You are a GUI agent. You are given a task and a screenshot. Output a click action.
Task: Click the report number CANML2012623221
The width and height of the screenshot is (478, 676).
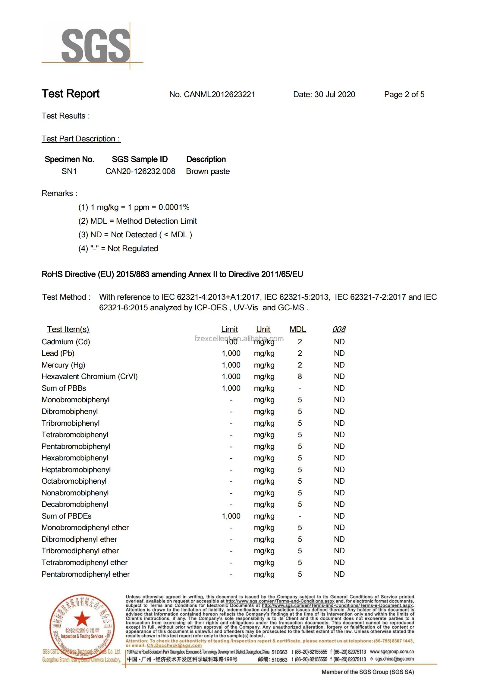[x=219, y=94]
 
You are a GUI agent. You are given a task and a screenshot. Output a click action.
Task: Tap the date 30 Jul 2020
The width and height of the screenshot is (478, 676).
[x=335, y=94]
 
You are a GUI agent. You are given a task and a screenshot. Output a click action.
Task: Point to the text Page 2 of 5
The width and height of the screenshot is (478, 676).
[x=404, y=94]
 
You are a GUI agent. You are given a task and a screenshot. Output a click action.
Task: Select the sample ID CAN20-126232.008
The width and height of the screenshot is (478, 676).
[x=140, y=171]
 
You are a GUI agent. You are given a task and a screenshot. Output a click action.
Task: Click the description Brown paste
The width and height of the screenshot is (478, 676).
[x=208, y=171]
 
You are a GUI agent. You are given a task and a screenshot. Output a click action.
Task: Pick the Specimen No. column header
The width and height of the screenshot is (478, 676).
[x=69, y=159]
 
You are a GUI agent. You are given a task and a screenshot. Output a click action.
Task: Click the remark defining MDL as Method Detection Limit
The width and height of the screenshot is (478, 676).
[x=137, y=221]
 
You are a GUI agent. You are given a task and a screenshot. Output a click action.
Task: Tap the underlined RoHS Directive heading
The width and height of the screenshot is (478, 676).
[x=172, y=274]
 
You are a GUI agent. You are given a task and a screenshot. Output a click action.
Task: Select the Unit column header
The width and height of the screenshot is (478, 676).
[x=263, y=329]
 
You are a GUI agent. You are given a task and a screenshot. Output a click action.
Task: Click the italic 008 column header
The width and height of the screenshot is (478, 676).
[x=339, y=329]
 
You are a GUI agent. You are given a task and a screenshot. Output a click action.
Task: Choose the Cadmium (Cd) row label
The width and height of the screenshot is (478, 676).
[x=66, y=342]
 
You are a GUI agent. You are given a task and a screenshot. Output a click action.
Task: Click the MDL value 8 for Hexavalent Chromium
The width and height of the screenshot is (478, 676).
[x=300, y=376]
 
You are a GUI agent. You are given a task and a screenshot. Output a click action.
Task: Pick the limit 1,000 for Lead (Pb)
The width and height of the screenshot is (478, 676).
[x=231, y=353]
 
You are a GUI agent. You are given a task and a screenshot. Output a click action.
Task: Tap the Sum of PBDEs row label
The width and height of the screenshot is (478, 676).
[x=66, y=516]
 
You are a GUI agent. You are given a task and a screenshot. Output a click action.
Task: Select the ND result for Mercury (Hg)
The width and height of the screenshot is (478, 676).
[x=339, y=365]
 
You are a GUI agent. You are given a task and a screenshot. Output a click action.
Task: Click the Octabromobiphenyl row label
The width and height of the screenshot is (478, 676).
[x=74, y=481]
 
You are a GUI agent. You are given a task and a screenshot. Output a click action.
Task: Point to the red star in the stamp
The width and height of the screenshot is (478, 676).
[x=82, y=618]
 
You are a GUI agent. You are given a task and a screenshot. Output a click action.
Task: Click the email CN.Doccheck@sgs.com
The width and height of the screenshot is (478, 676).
[x=174, y=645]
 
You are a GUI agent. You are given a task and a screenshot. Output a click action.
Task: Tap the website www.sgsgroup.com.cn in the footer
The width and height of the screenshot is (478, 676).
[x=392, y=652]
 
